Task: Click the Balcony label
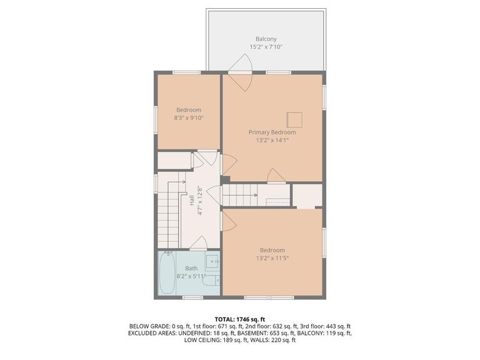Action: (x=266, y=39)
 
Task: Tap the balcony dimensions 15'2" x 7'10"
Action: (x=266, y=47)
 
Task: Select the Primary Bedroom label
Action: (x=272, y=132)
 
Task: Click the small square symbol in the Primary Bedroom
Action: (x=294, y=119)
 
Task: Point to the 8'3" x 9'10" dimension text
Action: (x=188, y=117)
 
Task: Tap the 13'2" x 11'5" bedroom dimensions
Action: (x=272, y=258)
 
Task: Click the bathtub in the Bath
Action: (x=166, y=273)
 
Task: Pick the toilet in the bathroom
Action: (x=212, y=279)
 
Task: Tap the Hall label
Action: (x=191, y=201)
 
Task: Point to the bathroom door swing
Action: (x=199, y=243)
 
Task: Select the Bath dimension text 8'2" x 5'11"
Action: (x=191, y=276)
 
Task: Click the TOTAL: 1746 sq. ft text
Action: (x=240, y=318)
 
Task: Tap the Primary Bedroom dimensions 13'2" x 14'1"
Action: (x=272, y=140)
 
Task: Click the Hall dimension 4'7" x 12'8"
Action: (x=200, y=201)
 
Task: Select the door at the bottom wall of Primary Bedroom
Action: (x=276, y=176)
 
